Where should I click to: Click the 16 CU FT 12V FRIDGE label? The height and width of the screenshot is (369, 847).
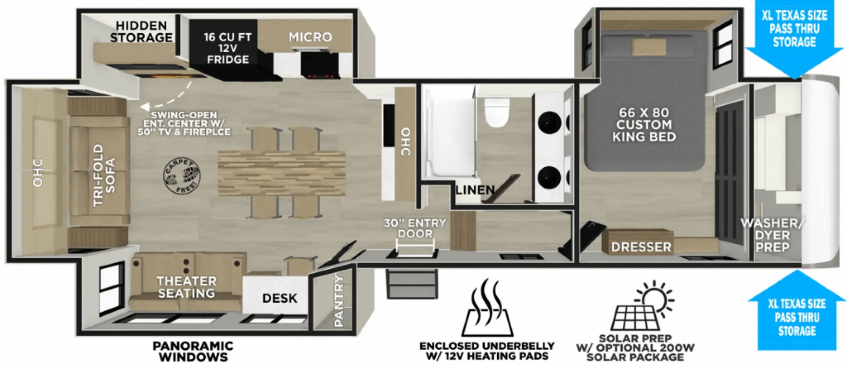tap(227, 48)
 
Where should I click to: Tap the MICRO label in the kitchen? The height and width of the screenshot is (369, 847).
tap(311, 37)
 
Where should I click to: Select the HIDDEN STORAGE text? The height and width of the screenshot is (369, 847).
tap(141, 31)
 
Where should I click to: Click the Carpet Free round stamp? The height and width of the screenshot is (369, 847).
tap(182, 176)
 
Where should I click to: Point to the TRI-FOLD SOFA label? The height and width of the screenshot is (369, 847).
tap(104, 175)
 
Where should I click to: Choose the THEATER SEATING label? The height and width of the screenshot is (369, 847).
tap(187, 287)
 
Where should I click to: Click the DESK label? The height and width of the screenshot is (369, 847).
tap(280, 298)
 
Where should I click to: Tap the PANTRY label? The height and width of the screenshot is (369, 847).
tap(338, 301)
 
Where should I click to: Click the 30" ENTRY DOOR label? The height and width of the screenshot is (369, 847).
tap(415, 228)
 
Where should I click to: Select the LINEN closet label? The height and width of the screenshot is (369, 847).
tap(475, 190)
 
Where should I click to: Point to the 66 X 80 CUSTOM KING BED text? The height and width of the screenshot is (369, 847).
tap(644, 124)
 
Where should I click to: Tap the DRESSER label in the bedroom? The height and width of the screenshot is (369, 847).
tap(641, 247)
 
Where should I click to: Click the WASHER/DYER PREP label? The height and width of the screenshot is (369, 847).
tap(772, 235)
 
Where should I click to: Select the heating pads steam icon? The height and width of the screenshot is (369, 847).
tap(487, 308)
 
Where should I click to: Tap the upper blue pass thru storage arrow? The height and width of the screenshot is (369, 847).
tap(795, 40)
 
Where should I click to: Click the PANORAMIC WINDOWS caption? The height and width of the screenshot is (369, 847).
tap(193, 351)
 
